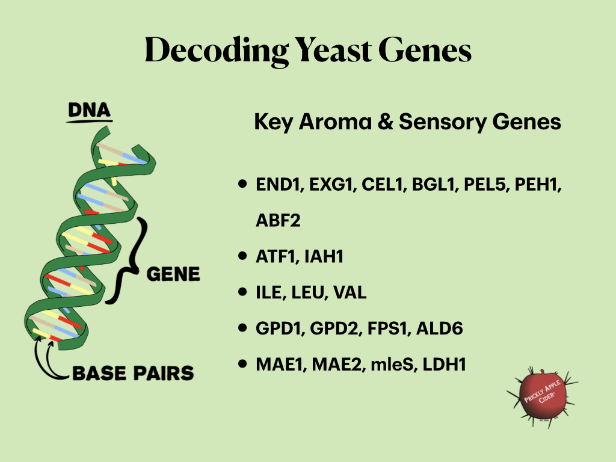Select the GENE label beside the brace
click(173, 274)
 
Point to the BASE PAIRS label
click(133, 373)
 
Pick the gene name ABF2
click(277, 221)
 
